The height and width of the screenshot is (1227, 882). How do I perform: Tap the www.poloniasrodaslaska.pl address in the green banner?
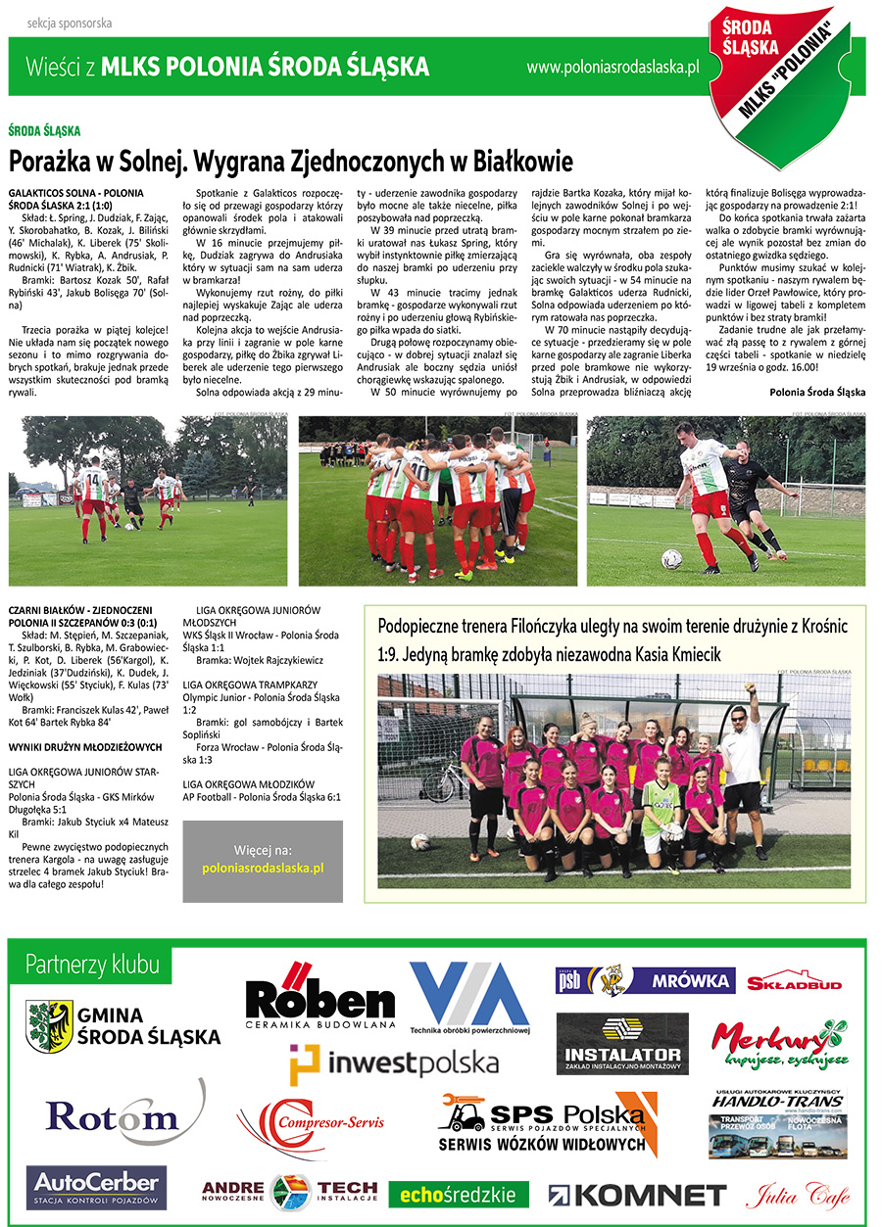point(612,68)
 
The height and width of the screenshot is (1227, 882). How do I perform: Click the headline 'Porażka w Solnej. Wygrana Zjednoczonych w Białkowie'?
point(290,160)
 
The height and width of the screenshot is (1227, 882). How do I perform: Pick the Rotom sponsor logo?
point(111,1115)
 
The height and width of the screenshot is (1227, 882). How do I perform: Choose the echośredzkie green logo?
point(459,1194)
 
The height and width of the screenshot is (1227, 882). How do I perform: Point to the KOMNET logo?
point(637,1194)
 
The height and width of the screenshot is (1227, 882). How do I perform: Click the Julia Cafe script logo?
point(798,1194)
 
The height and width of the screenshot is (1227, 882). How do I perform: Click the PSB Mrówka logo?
point(645,980)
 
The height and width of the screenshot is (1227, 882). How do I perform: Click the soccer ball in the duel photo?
point(671,558)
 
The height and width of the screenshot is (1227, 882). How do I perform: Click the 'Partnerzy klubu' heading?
point(93,965)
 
